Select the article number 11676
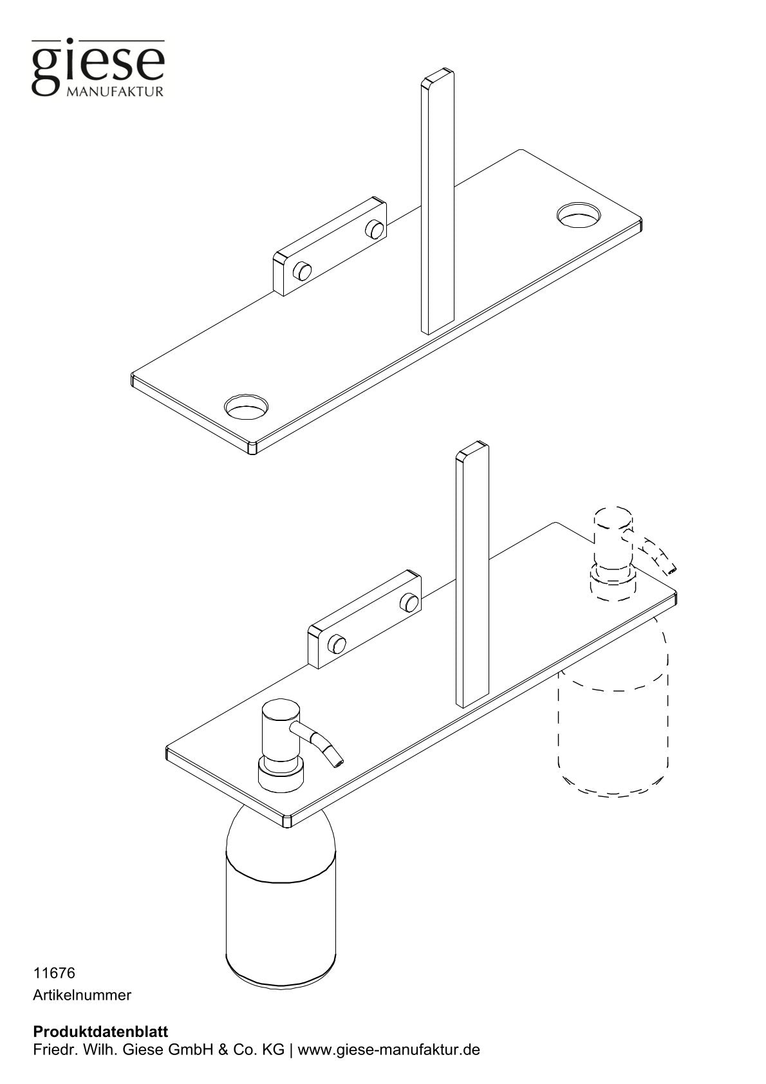[53, 972]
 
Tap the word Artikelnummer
[82, 995]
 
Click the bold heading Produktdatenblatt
[100, 1033]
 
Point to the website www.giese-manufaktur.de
[389, 1051]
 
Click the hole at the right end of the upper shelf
[579, 214]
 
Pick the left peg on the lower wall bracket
[337, 642]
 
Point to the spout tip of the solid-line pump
[338, 763]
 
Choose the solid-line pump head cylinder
[281, 733]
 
